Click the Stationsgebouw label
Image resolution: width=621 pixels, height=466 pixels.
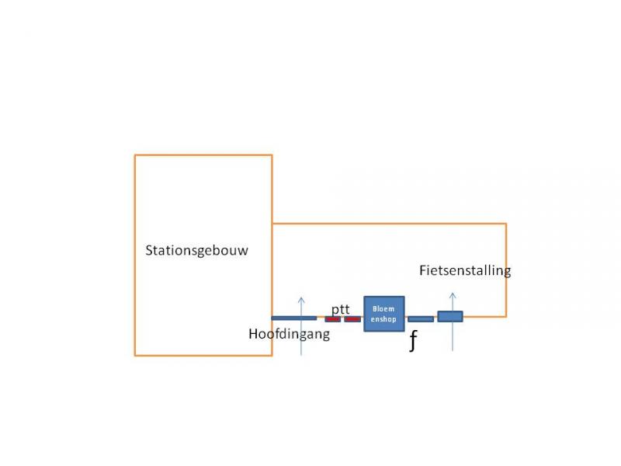(x=196, y=251)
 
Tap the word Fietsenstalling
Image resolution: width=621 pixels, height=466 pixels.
(x=465, y=270)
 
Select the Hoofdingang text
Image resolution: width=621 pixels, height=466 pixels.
(x=289, y=334)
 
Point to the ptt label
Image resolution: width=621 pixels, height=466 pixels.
(x=341, y=309)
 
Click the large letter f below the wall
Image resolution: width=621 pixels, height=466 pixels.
(x=413, y=341)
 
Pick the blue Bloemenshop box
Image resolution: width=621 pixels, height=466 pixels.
(x=384, y=314)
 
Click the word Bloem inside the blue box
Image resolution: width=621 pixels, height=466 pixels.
(x=383, y=308)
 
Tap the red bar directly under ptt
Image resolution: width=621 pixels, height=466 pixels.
(x=333, y=319)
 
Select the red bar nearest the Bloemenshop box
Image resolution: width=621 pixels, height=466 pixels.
(x=352, y=319)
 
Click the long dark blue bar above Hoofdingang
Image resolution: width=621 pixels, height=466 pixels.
(x=294, y=318)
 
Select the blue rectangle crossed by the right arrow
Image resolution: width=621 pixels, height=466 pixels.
(x=450, y=316)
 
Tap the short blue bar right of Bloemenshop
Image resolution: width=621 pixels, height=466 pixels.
(x=421, y=319)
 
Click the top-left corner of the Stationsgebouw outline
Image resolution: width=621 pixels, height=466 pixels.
(x=135, y=155)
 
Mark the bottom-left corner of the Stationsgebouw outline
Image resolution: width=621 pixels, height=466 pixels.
(x=135, y=356)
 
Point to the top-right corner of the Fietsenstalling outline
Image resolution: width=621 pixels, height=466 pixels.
(x=506, y=224)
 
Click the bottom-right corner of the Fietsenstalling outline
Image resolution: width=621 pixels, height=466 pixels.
(x=506, y=317)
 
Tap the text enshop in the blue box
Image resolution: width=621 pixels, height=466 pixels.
(x=383, y=319)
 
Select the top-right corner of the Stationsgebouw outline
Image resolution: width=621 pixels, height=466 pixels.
(x=272, y=155)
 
